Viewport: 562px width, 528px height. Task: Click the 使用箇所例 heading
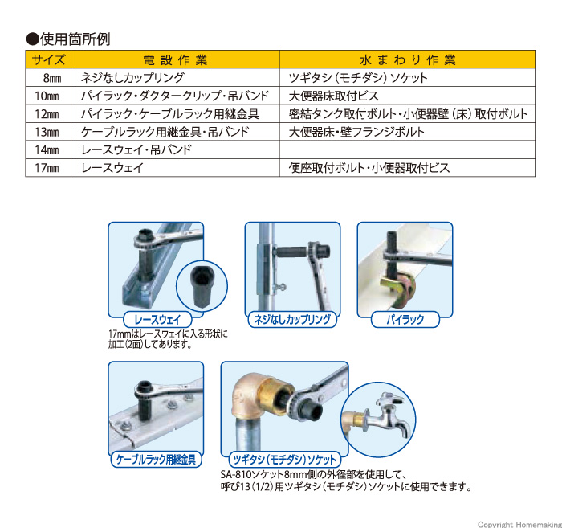(68, 39)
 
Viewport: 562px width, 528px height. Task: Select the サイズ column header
(48, 59)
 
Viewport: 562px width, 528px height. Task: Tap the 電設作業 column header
(175, 60)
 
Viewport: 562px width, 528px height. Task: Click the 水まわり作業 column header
(408, 60)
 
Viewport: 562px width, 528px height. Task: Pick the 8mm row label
(52, 78)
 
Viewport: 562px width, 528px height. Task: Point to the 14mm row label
(47, 149)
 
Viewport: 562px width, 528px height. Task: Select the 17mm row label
(47, 167)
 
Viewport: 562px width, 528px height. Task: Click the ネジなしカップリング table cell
(132, 77)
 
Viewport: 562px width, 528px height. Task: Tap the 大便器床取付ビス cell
(334, 96)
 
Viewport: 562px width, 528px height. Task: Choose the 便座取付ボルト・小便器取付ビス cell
(369, 167)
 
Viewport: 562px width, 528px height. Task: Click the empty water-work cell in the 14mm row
(407, 149)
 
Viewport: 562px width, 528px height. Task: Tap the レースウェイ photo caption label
(157, 319)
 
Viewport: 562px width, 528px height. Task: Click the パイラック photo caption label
(405, 319)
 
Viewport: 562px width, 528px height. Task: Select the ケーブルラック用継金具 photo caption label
(156, 459)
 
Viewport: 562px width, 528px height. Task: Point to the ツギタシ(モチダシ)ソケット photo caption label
(284, 459)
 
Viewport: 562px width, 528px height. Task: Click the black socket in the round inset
(201, 286)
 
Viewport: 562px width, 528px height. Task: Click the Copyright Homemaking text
(519, 524)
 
